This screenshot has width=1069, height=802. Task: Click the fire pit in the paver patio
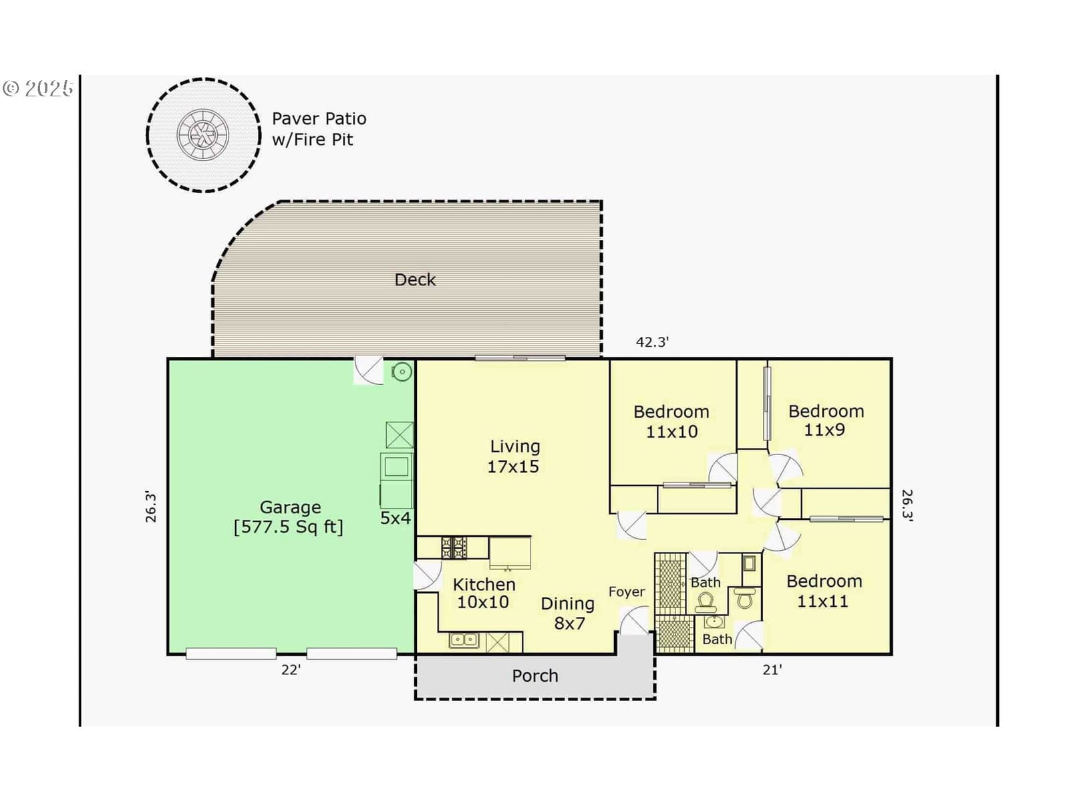(202, 134)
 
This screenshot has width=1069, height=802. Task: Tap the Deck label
(415, 280)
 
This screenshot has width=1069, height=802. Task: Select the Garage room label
(290, 517)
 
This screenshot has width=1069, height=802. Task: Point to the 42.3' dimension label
(653, 342)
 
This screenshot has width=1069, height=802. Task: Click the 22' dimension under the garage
(291, 670)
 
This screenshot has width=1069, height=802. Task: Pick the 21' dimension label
(772, 670)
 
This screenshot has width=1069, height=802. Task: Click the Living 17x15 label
(514, 456)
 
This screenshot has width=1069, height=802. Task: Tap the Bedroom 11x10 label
(671, 422)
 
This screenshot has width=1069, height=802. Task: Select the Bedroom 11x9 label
(826, 420)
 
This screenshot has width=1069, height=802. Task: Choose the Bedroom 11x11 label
(824, 591)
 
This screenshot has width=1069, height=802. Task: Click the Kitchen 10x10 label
(484, 593)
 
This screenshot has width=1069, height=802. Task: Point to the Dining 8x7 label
(568, 614)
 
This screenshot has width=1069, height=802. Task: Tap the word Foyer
(627, 592)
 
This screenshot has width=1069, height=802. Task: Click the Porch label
(534, 676)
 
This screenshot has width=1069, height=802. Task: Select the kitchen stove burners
(454, 547)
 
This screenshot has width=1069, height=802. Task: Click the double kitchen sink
(464, 640)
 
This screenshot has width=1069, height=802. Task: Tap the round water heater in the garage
(402, 372)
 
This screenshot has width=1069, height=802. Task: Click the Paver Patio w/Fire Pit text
(319, 129)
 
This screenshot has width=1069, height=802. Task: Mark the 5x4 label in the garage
(395, 519)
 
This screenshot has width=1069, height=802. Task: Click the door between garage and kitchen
(428, 575)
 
